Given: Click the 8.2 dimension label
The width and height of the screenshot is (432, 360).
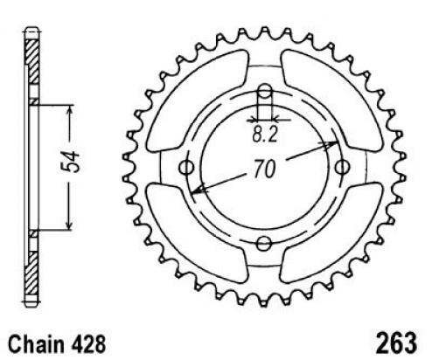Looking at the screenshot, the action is point(265,135).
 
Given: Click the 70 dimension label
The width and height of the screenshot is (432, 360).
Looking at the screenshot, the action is point(265,169).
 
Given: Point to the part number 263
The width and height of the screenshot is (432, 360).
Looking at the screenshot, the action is point(396,343).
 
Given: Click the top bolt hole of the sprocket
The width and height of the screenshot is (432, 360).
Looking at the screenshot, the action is point(265,91).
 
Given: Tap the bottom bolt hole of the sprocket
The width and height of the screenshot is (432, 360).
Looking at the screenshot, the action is point(264,244).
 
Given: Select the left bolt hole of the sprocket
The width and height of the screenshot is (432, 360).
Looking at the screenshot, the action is point(186,168).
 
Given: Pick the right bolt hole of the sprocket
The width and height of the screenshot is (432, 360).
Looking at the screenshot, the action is point(342,168).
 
